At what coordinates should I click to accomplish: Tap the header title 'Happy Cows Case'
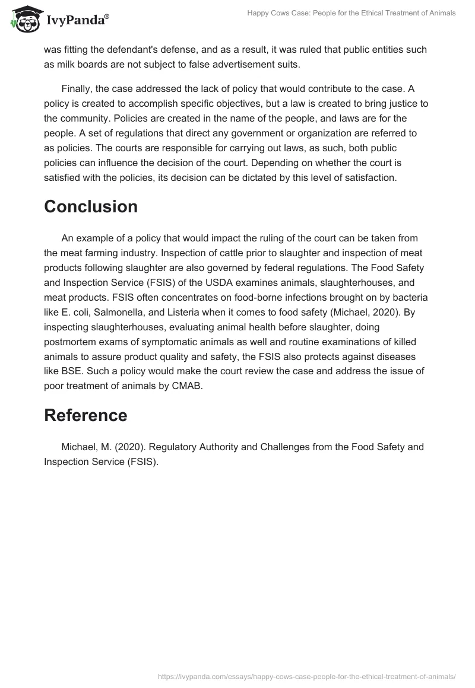click(351, 13)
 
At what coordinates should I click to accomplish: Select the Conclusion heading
click(91, 206)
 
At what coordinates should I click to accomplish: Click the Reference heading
click(85, 415)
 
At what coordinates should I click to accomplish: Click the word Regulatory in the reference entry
click(167, 447)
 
